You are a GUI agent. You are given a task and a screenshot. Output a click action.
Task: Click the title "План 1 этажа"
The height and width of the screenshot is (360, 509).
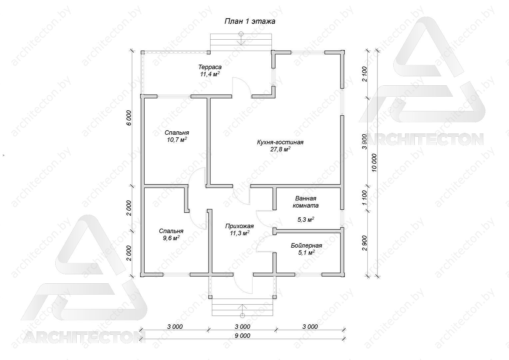coord(250,21)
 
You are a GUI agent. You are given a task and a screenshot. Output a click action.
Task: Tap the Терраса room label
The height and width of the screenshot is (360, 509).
coord(210,67)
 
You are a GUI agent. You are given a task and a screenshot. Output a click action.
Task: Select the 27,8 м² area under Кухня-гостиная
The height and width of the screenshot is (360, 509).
coord(280,149)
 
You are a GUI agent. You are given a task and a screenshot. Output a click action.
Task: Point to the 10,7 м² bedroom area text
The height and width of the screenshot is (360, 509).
coord(177,139)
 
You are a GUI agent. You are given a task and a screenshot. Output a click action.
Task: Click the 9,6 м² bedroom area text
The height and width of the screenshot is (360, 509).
coord(171,238)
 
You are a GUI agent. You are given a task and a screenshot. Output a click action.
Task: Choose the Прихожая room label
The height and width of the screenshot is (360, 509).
coord(239,226)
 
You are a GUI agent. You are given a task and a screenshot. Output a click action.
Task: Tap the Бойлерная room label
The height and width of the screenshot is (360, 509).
coord(306,246)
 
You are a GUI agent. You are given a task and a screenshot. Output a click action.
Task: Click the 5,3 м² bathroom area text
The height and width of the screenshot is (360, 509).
coord(306,219)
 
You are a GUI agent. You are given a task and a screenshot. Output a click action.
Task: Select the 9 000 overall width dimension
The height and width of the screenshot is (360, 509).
coord(243,336)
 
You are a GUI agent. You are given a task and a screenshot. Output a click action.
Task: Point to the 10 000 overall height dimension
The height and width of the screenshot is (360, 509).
coord(374,163)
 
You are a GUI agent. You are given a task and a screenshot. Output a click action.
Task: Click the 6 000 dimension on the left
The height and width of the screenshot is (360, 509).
coord(129,118)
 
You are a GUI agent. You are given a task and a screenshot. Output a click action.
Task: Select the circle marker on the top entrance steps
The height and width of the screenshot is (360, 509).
coord(241,34)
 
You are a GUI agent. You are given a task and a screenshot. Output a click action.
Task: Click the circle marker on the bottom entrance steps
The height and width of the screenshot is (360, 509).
coord(243,315)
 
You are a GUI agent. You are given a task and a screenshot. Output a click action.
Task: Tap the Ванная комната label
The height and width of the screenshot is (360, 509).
coord(305,202)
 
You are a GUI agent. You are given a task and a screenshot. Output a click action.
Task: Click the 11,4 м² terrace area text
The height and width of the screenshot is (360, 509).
coord(210,74)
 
